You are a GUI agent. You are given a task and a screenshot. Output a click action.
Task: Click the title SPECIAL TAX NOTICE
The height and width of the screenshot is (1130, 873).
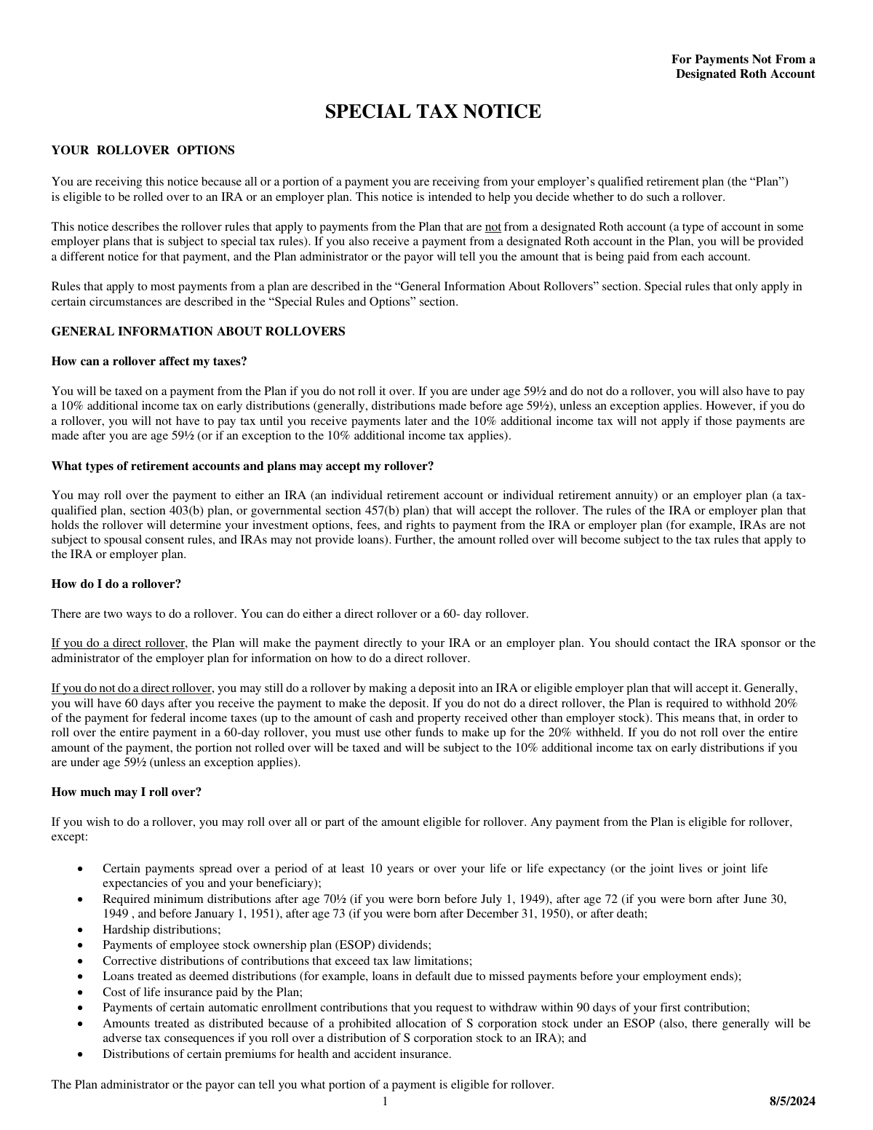click(x=432, y=111)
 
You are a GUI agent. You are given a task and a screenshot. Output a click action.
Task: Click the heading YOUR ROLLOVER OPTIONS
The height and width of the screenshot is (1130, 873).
click(x=143, y=151)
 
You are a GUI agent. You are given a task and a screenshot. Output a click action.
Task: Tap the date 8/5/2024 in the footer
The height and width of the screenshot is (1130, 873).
click(x=792, y=1102)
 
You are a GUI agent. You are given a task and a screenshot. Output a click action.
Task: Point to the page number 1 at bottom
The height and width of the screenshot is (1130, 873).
click(x=386, y=1102)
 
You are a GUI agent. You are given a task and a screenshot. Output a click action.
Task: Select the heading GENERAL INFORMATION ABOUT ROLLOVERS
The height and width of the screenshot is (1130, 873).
click(x=198, y=332)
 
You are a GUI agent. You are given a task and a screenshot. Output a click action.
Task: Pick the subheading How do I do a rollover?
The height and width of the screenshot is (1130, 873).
click(x=116, y=584)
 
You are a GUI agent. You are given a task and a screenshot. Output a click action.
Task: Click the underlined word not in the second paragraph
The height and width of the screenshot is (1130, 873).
click(x=493, y=226)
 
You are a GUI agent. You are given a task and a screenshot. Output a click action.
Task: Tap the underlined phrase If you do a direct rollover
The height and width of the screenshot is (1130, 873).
click(x=119, y=643)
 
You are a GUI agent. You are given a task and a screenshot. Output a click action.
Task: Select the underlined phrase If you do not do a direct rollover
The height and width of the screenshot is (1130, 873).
click(x=131, y=688)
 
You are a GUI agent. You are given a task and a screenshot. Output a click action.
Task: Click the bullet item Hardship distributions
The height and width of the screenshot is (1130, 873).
click(x=161, y=930)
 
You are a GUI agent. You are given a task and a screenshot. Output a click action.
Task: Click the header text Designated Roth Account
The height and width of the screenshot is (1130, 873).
click(x=745, y=74)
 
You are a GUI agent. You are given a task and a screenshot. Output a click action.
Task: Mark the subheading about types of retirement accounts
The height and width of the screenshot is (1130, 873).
click(x=242, y=466)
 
